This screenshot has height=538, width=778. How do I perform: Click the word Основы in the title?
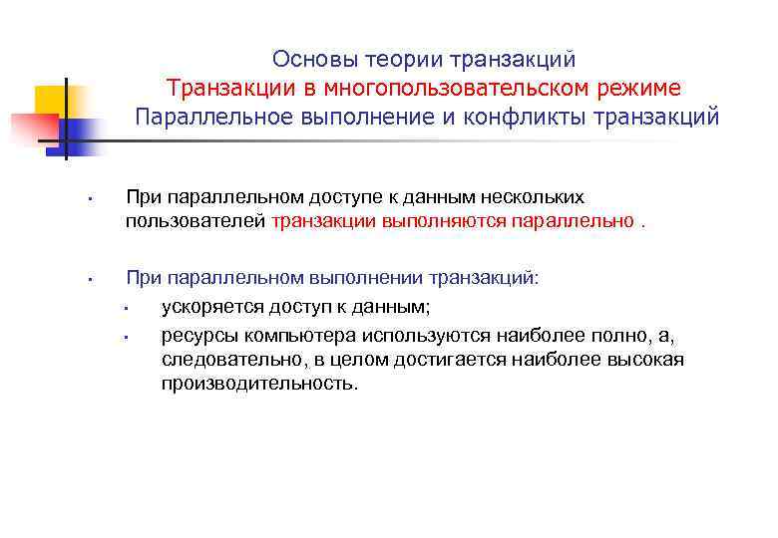pyautogui.click(x=306, y=60)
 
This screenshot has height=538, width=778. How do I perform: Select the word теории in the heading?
pyautogui.click(x=398, y=60)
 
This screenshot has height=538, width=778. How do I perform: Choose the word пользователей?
pyautogui.click(x=195, y=221)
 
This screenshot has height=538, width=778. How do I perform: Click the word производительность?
pyautogui.click(x=258, y=384)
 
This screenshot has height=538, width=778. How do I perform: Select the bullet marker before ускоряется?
pyautogui.click(x=129, y=308)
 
